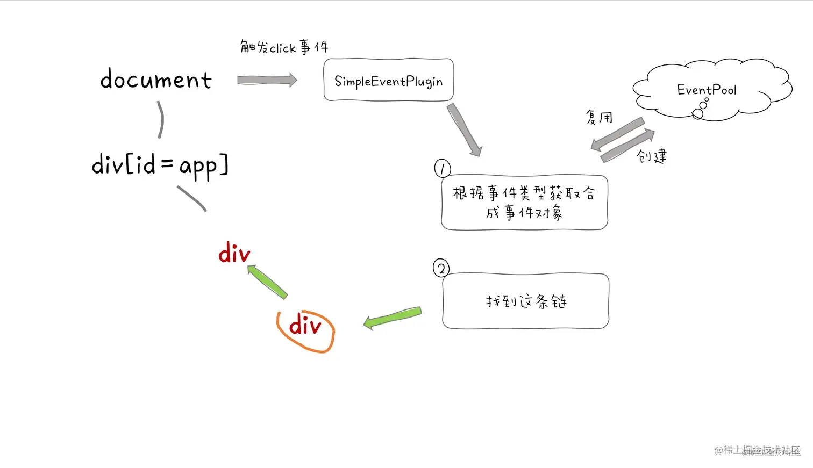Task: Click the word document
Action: coord(156,80)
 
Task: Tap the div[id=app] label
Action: coord(160,164)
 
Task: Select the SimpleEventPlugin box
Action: coord(388,80)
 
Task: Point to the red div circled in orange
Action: coord(305,326)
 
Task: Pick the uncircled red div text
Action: coord(234,253)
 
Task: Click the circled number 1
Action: coord(442,169)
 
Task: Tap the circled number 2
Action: coord(441,268)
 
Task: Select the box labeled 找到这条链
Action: coord(525,301)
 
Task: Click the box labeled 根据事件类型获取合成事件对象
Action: coord(524,203)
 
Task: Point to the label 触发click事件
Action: coord(284,47)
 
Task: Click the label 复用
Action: coord(599,117)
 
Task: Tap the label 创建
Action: coord(651,156)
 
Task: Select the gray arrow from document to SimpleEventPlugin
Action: coord(267,80)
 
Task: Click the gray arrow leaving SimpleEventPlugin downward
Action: coord(464,129)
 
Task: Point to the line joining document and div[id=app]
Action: coord(160,120)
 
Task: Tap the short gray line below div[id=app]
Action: coord(192,198)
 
